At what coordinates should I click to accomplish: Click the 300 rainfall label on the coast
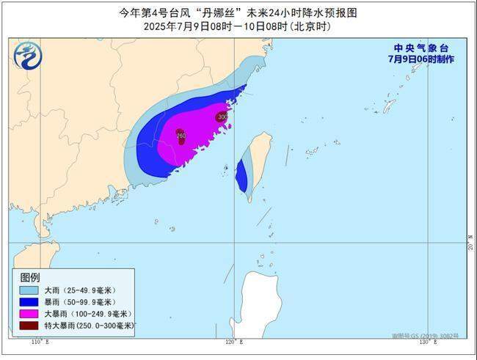(x=222, y=117)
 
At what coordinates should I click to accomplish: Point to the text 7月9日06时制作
(x=421, y=59)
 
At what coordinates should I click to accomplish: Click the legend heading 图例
(x=30, y=277)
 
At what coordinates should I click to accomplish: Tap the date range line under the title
(x=238, y=26)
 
